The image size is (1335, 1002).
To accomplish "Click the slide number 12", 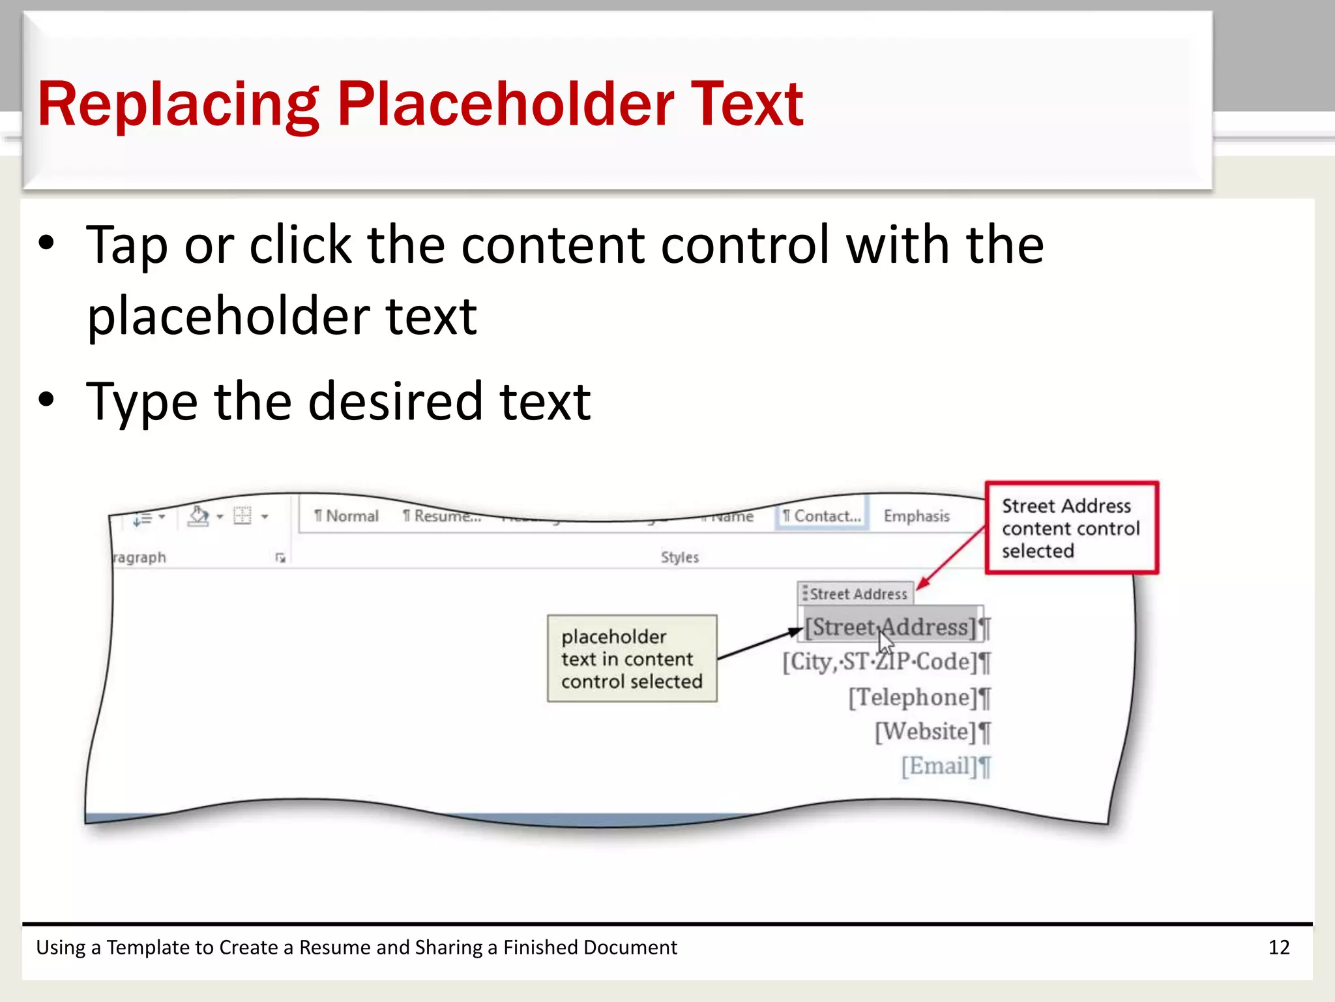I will click(x=1278, y=947).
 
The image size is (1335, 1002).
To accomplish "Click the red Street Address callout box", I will click(x=1071, y=528).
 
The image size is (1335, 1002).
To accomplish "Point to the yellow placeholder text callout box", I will click(x=632, y=658).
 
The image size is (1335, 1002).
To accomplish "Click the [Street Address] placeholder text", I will click(x=890, y=627).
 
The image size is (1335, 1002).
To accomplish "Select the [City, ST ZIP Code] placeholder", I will click(x=880, y=662).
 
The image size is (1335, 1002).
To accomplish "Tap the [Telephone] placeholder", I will click(x=913, y=697).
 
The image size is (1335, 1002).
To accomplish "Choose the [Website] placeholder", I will click(x=926, y=732).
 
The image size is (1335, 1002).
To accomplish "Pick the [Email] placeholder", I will click(x=939, y=767).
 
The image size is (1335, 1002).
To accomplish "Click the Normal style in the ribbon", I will click(x=346, y=516).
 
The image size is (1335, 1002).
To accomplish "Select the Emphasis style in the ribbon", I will click(x=916, y=516).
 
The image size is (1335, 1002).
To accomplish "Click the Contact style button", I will click(x=821, y=516).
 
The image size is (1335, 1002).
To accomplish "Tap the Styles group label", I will click(x=679, y=557).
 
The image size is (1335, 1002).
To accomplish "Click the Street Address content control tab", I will click(x=857, y=594).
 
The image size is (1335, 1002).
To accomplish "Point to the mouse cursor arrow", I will click(x=885, y=641).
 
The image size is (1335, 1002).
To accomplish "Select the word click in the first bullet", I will click(x=301, y=245).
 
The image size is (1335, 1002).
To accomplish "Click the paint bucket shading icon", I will click(x=198, y=516).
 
